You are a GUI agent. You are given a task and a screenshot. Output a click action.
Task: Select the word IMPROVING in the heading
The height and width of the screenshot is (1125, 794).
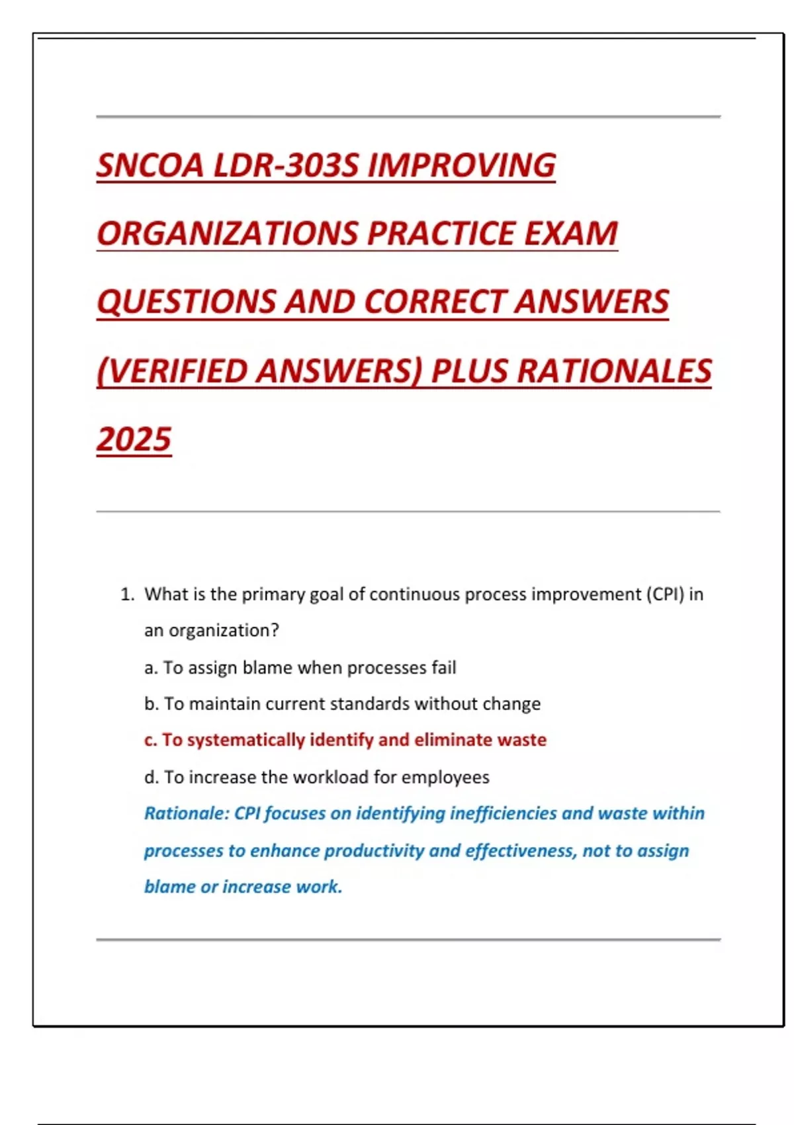click(x=461, y=165)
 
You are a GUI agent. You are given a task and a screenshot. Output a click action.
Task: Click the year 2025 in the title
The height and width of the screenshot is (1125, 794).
click(x=134, y=439)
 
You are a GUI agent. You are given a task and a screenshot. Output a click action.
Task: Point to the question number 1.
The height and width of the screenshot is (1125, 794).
click(x=126, y=594)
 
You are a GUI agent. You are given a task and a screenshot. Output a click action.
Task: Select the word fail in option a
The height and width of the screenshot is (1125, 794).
click(x=443, y=668)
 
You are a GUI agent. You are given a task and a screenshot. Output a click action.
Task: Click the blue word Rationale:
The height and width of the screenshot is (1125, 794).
click(x=187, y=813)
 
